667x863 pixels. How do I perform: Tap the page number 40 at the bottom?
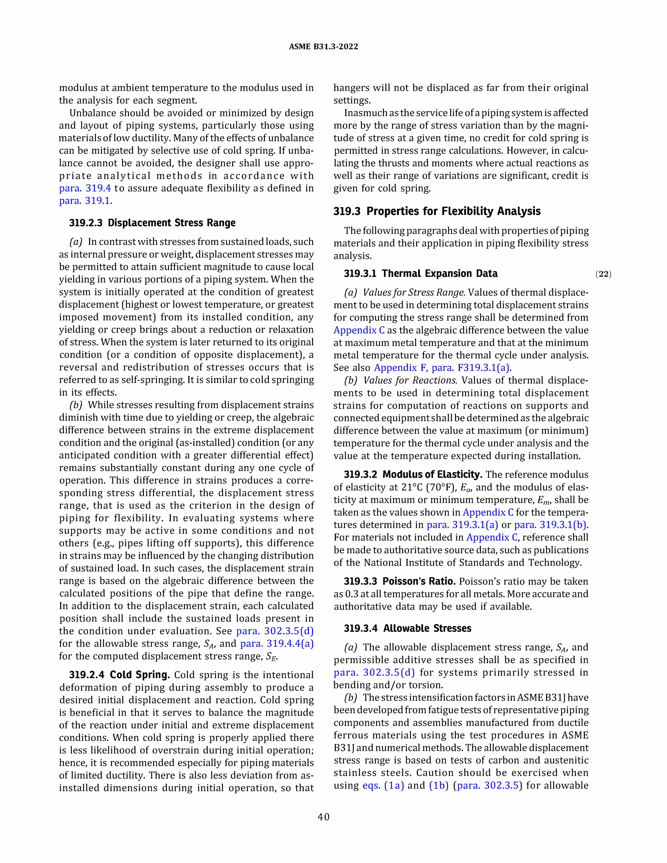pyautogui.click(x=324, y=817)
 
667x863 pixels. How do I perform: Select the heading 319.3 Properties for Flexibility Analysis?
pyautogui.click(x=437, y=211)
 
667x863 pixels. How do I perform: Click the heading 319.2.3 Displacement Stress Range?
pyautogui.click(x=152, y=223)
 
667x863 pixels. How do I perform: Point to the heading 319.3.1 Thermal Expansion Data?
pyautogui.click(x=420, y=274)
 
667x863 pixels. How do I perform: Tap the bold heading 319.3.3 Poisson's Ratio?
pyautogui.click(x=400, y=581)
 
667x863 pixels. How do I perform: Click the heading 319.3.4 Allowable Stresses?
pyautogui.click(x=407, y=628)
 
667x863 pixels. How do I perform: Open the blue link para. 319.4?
pyautogui.click(x=85, y=188)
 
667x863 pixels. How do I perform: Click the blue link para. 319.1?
pyautogui.click(x=86, y=201)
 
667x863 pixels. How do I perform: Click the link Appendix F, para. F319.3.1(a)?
pyautogui.click(x=442, y=368)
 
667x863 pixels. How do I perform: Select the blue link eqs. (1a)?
pyautogui.click(x=383, y=785)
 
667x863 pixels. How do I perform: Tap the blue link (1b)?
pyautogui.click(x=439, y=785)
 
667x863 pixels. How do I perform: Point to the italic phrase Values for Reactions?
pyautogui.click(x=410, y=380)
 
